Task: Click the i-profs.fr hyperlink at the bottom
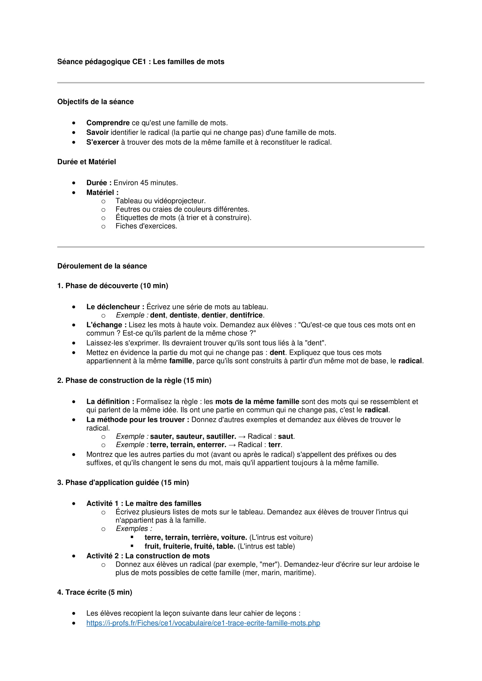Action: pos(203,622)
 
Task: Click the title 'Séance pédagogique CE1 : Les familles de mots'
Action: pos(141,62)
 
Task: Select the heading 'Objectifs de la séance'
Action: pos(95,102)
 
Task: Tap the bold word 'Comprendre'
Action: pos(108,123)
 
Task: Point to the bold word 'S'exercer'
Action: pos(102,142)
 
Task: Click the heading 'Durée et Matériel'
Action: pos(86,162)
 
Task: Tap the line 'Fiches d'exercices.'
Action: pos(146,226)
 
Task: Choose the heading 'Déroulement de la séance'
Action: pos(102,266)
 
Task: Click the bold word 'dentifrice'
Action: pos(246,315)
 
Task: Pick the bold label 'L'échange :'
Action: pos(106,325)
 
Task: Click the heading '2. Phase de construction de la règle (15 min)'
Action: pos(134,380)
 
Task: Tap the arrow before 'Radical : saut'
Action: pos(242,437)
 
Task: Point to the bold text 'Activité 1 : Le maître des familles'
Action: pos(144,503)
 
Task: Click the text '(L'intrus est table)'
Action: pos(266,546)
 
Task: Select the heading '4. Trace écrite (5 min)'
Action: pos(94,592)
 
